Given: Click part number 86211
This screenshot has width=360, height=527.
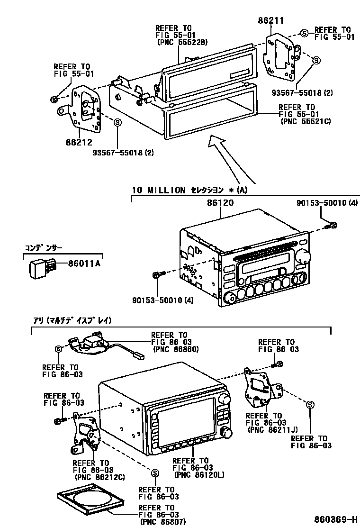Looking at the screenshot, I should [270, 20].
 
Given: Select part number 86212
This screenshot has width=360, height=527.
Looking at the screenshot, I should [79, 141].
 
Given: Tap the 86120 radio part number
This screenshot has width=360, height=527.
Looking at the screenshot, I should [220, 202].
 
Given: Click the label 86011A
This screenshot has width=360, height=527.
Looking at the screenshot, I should [84, 264].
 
